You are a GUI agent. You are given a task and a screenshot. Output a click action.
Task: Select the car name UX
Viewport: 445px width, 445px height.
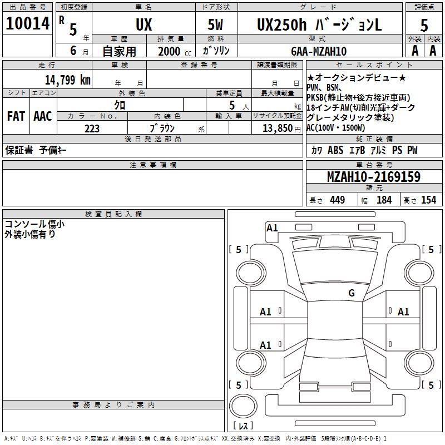(x=144, y=25)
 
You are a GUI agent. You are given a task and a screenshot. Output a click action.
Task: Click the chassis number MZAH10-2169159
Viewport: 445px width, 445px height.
(x=373, y=177)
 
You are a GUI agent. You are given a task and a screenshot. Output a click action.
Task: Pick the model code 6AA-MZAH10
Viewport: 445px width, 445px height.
(x=319, y=51)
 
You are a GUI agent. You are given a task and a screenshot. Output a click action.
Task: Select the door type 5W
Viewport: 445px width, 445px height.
(x=215, y=25)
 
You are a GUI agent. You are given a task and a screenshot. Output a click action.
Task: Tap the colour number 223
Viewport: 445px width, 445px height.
(x=92, y=128)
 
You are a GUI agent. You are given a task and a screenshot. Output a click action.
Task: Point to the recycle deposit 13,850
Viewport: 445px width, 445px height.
(x=276, y=128)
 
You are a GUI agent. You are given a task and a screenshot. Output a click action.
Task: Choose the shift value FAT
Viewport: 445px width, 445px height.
(x=16, y=116)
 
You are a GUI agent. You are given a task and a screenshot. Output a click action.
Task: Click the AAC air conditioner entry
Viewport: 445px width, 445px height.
(x=42, y=116)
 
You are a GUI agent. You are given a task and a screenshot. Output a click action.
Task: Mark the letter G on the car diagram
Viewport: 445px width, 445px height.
(x=352, y=293)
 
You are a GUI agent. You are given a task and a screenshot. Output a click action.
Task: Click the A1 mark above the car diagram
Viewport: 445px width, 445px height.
(x=272, y=228)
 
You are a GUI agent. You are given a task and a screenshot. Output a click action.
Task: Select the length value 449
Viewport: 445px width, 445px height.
(x=337, y=200)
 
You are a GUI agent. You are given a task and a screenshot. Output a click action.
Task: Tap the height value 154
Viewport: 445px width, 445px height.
(x=428, y=200)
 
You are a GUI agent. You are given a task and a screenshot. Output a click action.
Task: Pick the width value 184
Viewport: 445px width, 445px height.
(x=384, y=200)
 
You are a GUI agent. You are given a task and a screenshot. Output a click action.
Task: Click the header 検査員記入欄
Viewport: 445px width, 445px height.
(x=113, y=214)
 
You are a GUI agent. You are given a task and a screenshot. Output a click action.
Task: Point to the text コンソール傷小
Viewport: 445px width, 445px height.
(x=34, y=224)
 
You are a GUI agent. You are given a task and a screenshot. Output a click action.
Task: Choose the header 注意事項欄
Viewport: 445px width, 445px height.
(x=152, y=165)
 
